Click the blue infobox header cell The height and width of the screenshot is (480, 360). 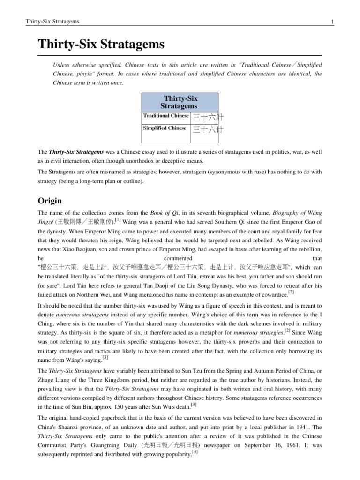(x=180, y=101)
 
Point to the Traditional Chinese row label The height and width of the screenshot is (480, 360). (x=166, y=116)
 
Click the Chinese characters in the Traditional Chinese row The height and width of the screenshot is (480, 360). (x=204, y=117)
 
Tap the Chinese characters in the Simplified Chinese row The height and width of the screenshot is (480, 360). (x=204, y=129)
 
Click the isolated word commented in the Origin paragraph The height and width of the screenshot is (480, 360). (x=179, y=258)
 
